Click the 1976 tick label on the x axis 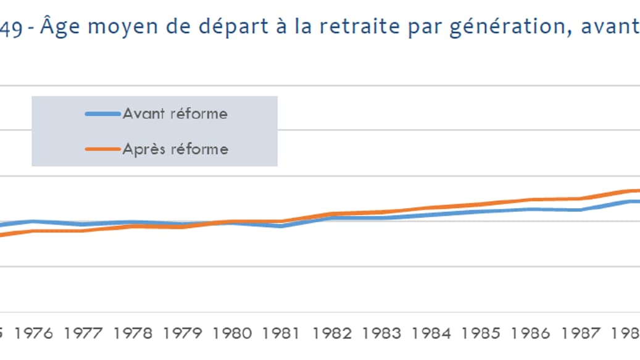[x=34, y=334]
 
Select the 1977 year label [x=84, y=334]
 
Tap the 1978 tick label [x=134, y=334]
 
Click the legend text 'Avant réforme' [x=175, y=114]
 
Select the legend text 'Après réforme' [x=175, y=149]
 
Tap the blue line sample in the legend [x=103, y=114]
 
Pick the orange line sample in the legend [x=103, y=149]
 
